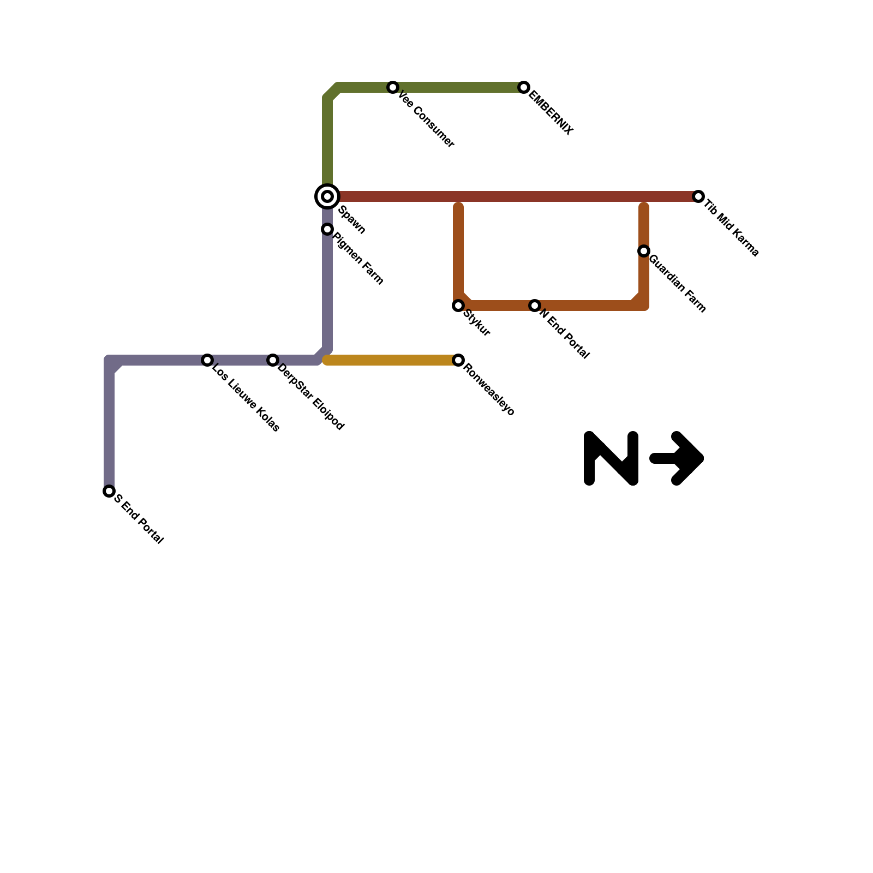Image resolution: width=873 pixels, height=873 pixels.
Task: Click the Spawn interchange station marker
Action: (327, 196)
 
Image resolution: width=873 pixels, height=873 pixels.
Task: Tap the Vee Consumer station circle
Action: (393, 87)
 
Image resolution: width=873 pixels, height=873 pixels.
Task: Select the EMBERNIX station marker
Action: (524, 87)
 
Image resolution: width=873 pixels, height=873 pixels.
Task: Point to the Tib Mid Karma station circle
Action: (698, 196)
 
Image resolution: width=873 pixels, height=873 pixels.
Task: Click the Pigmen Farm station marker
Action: (327, 229)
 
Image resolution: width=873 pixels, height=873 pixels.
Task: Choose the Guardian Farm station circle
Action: (644, 251)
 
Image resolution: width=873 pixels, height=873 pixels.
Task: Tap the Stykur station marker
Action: (458, 306)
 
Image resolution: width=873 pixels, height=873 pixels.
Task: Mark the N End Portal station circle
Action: (535, 306)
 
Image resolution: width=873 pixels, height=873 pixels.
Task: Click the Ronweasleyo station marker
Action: (458, 360)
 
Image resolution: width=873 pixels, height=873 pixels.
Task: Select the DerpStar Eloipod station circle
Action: (273, 360)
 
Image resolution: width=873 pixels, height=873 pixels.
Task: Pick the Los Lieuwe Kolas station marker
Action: (207, 360)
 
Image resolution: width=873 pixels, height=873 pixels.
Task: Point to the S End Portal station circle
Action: (109, 491)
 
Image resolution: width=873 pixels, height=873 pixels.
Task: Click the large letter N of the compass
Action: (611, 458)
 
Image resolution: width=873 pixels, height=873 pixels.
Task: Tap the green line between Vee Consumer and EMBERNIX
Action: (458, 87)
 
